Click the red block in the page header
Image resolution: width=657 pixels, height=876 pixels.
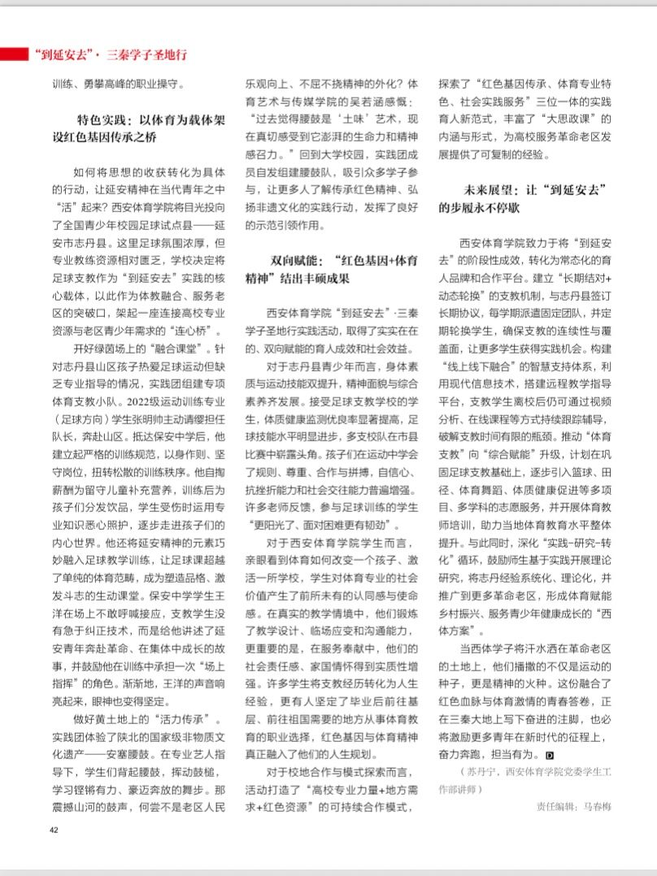[x=15, y=54]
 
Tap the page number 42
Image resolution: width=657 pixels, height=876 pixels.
[x=54, y=829]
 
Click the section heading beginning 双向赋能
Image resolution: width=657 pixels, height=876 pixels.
[x=333, y=269]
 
